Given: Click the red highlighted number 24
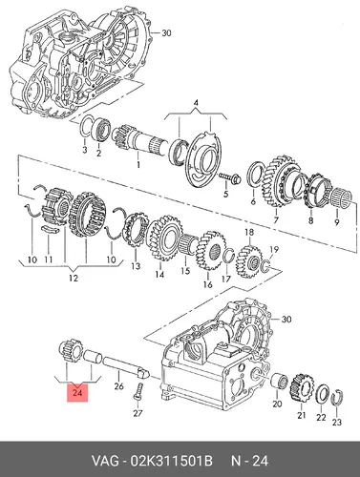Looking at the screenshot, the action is point(77,393).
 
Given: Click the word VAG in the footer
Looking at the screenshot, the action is point(104,461).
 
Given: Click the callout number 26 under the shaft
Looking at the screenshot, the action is point(118,386).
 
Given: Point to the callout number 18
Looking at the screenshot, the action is point(249,232).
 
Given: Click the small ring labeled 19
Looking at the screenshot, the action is point(266,265).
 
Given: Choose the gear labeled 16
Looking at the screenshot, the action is point(211,250).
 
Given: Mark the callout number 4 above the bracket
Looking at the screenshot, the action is point(196,103).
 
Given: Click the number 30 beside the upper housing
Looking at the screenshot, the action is point(166,32).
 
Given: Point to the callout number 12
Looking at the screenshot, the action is point(73,278).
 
